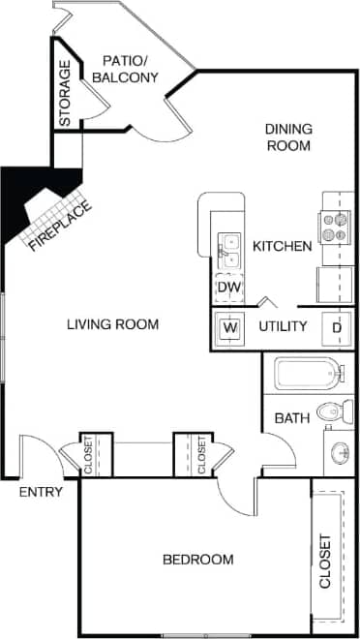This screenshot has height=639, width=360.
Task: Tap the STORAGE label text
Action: pyautogui.click(x=65, y=95)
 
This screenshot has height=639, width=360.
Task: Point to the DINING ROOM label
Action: pyautogui.click(x=288, y=137)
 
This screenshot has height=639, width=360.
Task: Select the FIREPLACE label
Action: pyautogui.click(x=60, y=225)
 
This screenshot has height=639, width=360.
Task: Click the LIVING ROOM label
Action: pyautogui.click(x=112, y=323)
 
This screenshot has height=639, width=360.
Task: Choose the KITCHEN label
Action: pyautogui.click(x=282, y=247)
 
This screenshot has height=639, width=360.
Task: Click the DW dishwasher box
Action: pyautogui.click(x=228, y=287)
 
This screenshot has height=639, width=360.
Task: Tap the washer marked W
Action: pyautogui.click(x=230, y=327)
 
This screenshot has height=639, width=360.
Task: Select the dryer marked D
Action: pyautogui.click(x=337, y=327)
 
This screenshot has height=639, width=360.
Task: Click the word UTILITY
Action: pyautogui.click(x=283, y=327)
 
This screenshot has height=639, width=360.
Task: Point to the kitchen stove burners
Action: pyautogui.click(x=335, y=227)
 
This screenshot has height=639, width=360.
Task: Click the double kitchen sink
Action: pyautogui.click(x=230, y=250)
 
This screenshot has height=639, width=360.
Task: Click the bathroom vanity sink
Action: pyautogui.click(x=339, y=453)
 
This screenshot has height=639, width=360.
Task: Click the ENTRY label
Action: pyautogui.click(x=41, y=492)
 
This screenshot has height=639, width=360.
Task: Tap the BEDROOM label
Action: pyautogui.click(x=197, y=560)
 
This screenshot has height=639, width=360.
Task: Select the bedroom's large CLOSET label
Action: pyautogui.click(x=325, y=562)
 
